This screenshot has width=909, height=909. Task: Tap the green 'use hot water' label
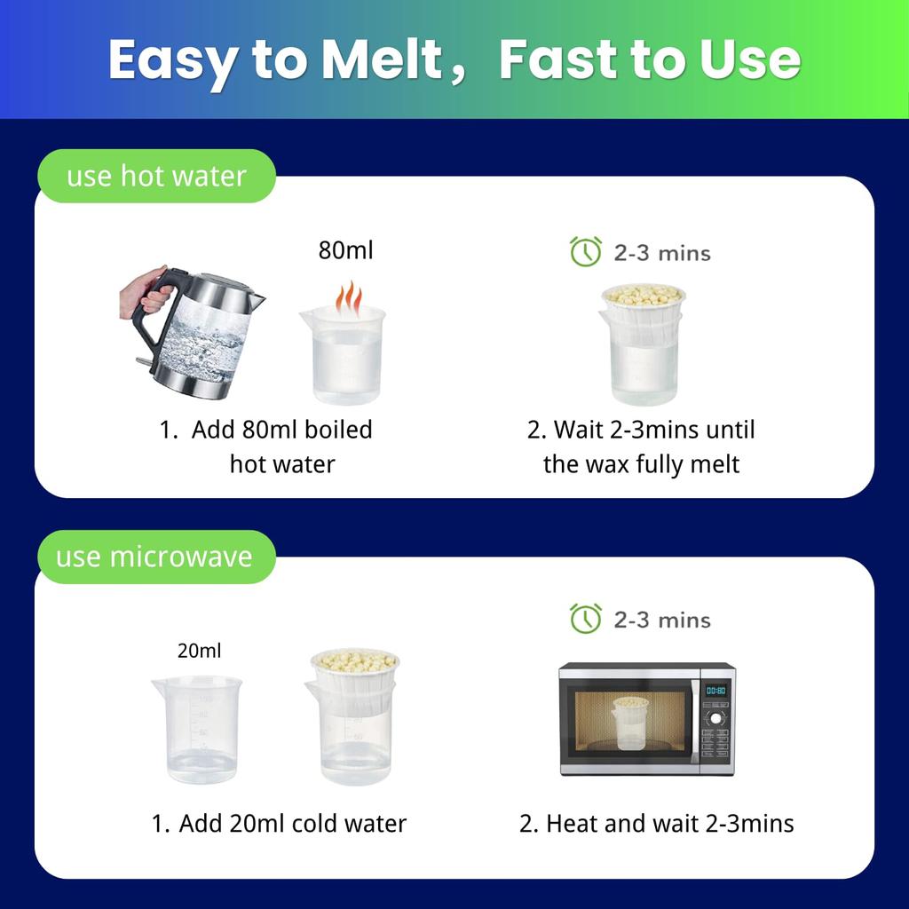click(156, 176)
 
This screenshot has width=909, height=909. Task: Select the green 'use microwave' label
click(156, 557)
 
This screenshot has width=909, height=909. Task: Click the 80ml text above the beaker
click(345, 249)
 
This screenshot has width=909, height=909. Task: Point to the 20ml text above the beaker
click(199, 651)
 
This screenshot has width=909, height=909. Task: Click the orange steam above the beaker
click(348, 297)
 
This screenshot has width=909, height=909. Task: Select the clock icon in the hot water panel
click(586, 251)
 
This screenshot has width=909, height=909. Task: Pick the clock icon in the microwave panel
click(586, 619)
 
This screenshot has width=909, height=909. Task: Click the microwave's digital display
click(716, 690)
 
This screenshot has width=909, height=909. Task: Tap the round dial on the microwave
click(716, 718)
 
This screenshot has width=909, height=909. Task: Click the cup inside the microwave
click(630, 723)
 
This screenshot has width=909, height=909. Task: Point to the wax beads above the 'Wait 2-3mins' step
click(644, 295)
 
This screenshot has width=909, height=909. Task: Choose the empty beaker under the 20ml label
click(197, 730)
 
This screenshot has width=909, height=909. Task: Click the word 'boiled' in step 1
click(338, 430)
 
